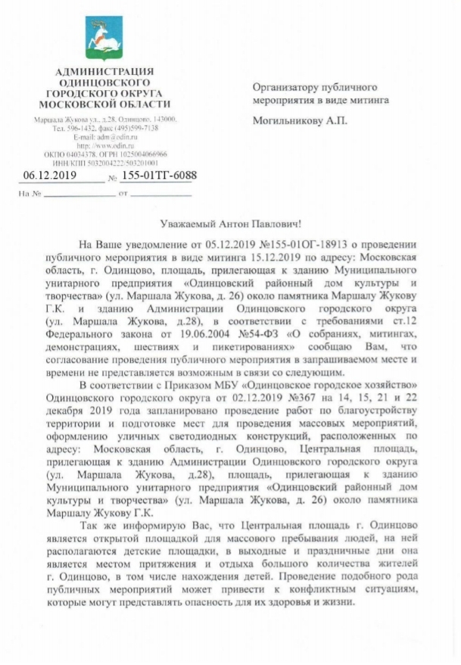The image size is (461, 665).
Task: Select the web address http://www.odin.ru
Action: pyautogui.click(x=105, y=145)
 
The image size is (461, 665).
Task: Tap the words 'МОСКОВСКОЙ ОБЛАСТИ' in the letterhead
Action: pyautogui.click(x=105, y=103)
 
